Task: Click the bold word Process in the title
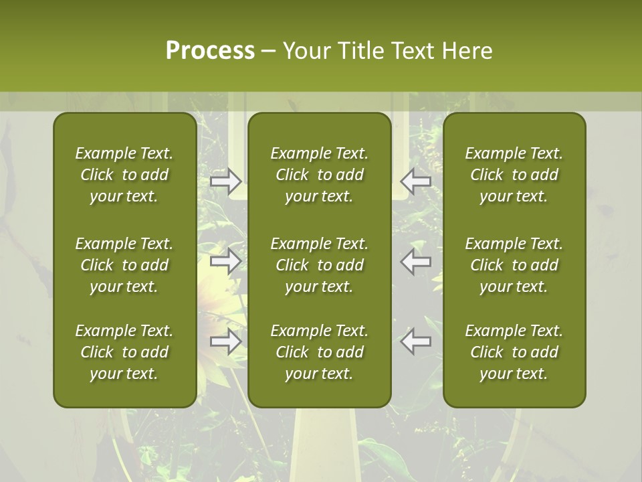210,51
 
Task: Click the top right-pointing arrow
225,181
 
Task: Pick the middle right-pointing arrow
225,261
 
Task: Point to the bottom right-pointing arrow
225,341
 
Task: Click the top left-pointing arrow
416,181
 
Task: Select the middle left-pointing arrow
416,261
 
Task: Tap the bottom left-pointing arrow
416,341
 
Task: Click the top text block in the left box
124,175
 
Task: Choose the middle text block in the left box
124,265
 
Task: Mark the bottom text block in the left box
124,352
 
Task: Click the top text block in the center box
319,175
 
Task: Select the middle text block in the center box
319,265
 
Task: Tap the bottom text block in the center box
319,352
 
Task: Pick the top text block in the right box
514,175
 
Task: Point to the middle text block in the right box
514,265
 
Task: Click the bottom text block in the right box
514,352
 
